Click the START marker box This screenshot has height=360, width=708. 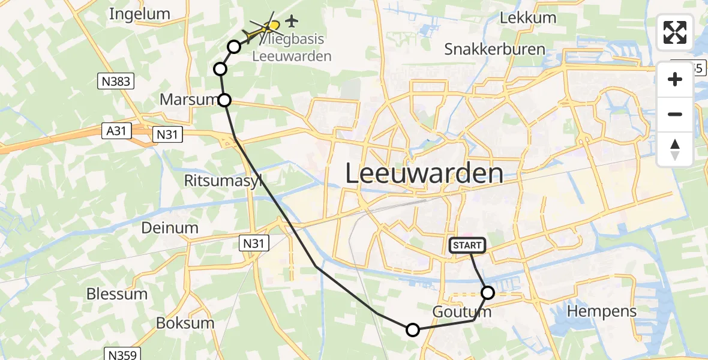click(467, 245)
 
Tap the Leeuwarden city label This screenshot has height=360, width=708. click(425, 174)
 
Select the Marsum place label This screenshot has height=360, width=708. click(187, 100)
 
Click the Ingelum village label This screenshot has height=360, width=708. click(140, 14)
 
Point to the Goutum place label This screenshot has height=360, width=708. click(461, 312)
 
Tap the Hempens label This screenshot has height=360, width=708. click(602, 311)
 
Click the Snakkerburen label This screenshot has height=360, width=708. click(494, 50)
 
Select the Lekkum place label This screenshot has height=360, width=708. click(528, 18)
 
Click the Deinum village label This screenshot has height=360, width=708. click(170, 228)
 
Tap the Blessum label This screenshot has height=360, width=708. click(117, 294)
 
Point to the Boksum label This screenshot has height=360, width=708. click(185, 323)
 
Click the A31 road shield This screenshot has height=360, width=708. click(116, 131)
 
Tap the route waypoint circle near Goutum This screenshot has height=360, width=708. click(488, 293)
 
